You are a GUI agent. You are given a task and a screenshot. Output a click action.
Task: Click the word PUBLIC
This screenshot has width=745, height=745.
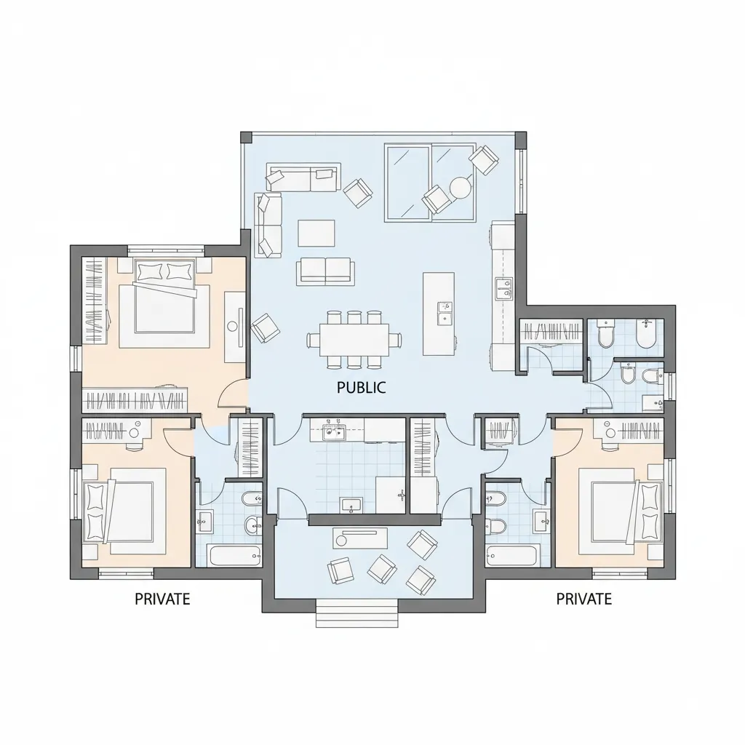pos(361,388)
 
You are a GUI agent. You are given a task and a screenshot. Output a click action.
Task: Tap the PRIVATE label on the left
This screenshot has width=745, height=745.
pos(162,599)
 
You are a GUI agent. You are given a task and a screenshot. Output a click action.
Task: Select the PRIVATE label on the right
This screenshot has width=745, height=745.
pos(584,599)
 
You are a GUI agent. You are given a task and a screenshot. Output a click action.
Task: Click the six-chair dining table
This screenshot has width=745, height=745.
pos(354,339)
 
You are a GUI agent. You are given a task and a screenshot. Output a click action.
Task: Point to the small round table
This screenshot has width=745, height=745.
pos(460,187)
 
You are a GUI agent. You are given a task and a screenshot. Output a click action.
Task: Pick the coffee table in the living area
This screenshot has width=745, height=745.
pos(316,233)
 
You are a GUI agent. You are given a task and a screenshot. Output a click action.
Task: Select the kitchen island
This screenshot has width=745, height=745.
pos(439,314)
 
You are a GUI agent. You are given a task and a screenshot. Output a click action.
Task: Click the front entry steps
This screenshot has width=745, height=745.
pos(356,613)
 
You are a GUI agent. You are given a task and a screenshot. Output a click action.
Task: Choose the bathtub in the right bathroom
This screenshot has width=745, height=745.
pos(511,555)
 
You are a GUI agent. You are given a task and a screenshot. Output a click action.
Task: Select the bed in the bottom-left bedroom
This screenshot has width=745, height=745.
pos(124,511)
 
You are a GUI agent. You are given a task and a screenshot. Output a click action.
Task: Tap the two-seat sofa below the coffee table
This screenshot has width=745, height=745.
pos(326,271)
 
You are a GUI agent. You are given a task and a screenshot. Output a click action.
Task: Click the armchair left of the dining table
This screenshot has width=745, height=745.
pos(265,327)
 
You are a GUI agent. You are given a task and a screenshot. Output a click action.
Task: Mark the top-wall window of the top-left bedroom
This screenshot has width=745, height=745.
pos(166,248)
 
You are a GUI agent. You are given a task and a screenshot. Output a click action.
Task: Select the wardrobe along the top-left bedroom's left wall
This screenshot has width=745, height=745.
pos(94,300)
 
